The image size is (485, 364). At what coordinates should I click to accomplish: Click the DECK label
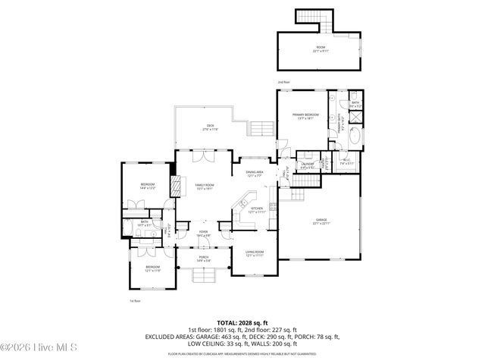pos(210,126)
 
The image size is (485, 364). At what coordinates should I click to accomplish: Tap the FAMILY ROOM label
pos(205,185)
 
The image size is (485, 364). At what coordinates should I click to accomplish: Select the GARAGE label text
pos(321,220)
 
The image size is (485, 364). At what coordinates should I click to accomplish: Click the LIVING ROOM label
pos(254,253)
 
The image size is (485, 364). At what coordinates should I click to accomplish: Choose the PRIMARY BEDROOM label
pos(305,115)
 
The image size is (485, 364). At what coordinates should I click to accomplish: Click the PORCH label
pos(204,257)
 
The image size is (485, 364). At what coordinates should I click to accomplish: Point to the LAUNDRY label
pos(307,164)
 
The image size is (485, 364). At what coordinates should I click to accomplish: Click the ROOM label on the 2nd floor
pos(321,49)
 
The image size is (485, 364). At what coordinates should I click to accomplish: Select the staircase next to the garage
pos(305,182)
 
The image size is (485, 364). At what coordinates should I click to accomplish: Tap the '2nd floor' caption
pos(283,81)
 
